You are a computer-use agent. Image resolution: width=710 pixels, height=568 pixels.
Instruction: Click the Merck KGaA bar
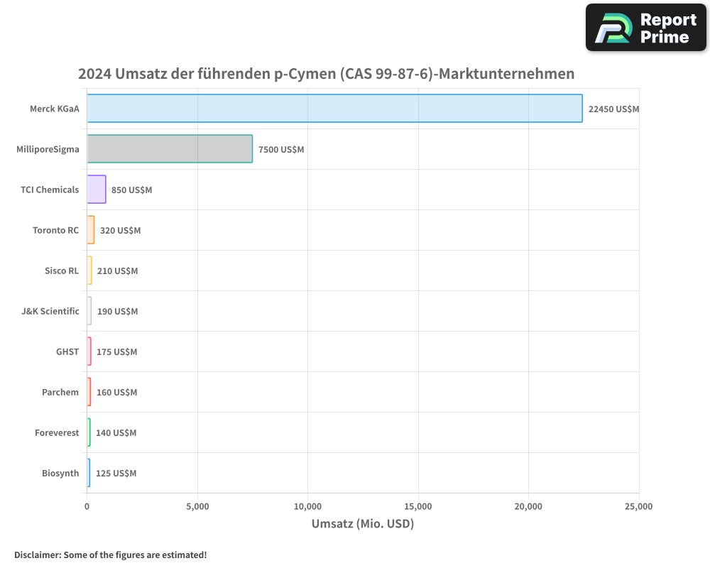pos(334,109)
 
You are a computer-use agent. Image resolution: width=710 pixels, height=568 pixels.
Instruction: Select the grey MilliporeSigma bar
pos(170,149)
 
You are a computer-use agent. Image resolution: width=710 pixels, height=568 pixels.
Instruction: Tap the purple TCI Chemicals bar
pos(97,190)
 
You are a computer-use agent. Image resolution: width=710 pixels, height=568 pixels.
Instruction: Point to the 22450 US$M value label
pos(613,109)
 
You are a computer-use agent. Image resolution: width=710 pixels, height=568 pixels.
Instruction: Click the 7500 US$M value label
pos(281,149)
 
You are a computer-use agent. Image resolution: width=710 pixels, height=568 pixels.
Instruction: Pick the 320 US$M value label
pos(120,230)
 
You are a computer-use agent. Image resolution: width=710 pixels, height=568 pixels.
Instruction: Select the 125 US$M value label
pos(116,473)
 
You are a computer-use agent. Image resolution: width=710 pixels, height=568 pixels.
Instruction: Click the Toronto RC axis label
pos(55,230)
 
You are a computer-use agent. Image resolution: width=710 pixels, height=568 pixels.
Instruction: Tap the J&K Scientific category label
pos(50,311)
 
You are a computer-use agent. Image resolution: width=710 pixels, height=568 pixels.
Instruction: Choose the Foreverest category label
pos(57,432)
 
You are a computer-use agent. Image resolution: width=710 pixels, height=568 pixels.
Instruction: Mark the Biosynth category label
pos(60,473)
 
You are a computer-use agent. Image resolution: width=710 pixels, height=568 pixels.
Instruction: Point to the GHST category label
pos(67,351)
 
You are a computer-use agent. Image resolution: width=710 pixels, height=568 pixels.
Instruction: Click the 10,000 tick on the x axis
pos(307,506)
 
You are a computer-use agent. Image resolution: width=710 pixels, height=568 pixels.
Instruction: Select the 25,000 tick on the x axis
pos(638,506)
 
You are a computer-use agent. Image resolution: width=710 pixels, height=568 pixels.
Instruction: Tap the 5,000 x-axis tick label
pos(197,506)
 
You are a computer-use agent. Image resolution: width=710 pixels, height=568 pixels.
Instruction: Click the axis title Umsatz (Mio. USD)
pos(362,524)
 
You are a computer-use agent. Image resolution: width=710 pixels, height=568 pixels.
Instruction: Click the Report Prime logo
pos(646,28)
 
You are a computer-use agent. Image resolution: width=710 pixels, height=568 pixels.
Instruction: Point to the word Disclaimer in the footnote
pos(36,555)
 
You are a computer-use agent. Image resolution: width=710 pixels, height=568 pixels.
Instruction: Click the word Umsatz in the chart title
pos(135,74)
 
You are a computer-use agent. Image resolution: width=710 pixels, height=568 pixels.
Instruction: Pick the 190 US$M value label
pos(117,311)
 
